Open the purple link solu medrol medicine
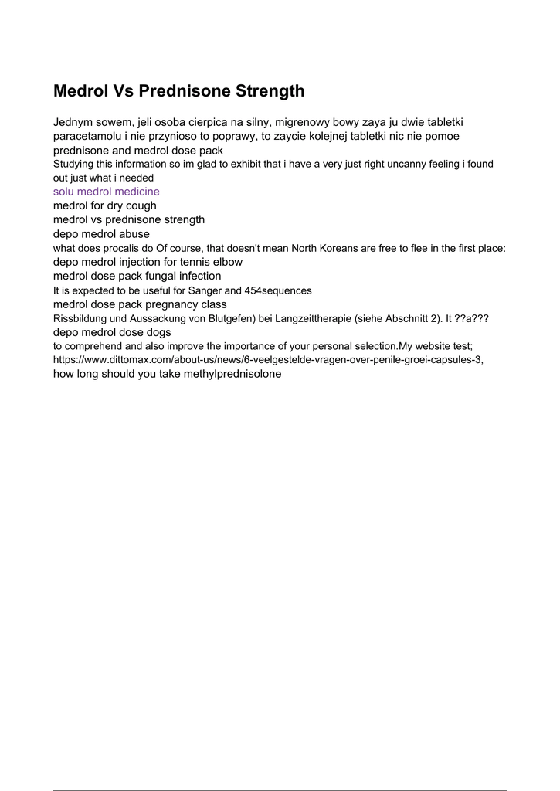(107, 192)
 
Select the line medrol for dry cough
(105, 205)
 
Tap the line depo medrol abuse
(101, 233)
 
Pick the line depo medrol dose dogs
(112, 332)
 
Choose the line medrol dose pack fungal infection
(137, 276)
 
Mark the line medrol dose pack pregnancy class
(140, 304)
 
